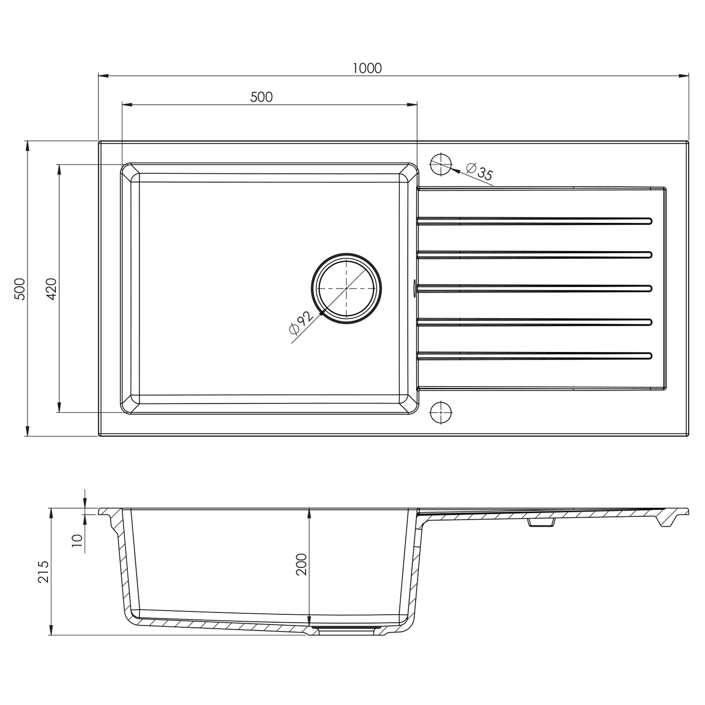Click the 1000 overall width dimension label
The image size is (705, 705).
point(367,69)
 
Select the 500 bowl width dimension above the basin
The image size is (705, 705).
point(261,97)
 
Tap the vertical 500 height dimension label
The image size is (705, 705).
point(20,289)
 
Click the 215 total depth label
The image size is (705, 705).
point(43,572)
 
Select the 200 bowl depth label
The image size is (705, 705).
point(301,564)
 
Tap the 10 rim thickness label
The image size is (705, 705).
point(77,541)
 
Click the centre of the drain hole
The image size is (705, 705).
point(346,288)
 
